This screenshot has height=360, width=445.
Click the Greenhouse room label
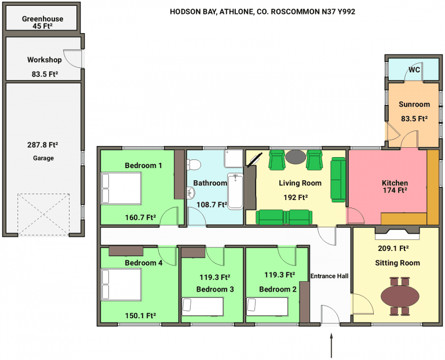(42, 19)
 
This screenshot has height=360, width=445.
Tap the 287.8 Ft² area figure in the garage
(42, 145)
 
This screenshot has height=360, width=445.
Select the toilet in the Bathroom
(194, 165)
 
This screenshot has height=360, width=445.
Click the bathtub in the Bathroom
(235, 191)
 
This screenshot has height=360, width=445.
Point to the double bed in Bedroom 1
(121, 188)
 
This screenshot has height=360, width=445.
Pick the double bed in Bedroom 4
(121, 285)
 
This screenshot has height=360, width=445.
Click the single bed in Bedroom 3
(203, 307)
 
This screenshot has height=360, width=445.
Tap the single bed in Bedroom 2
(267, 307)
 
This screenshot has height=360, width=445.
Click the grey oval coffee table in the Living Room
(296, 157)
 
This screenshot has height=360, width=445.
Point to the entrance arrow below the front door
(331, 346)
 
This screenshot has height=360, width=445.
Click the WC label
(414, 70)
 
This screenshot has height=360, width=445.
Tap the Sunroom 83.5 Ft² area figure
(414, 119)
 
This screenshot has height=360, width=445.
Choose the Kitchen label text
(395, 183)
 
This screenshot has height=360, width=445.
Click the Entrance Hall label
(329, 276)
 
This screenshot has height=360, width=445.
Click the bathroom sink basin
(191, 193)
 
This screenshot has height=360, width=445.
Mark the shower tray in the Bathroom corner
(234, 158)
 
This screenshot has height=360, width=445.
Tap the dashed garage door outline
(43, 214)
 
